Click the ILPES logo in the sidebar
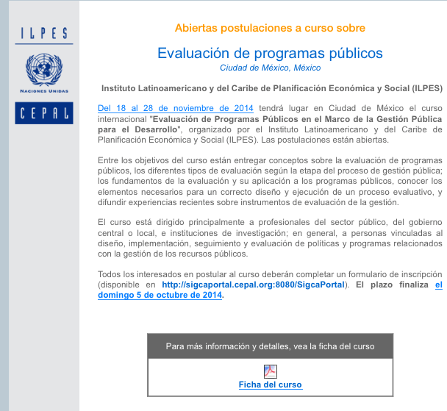(44, 34)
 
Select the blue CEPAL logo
(44, 112)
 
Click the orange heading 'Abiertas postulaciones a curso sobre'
(270, 28)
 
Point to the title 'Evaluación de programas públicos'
(270, 53)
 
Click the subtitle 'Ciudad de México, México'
(270, 68)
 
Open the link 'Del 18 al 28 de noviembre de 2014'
(176, 109)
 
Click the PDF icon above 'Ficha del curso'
(270, 369)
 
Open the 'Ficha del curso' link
(270, 385)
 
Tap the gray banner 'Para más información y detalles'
(270, 346)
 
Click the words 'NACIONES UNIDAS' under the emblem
(44, 90)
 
